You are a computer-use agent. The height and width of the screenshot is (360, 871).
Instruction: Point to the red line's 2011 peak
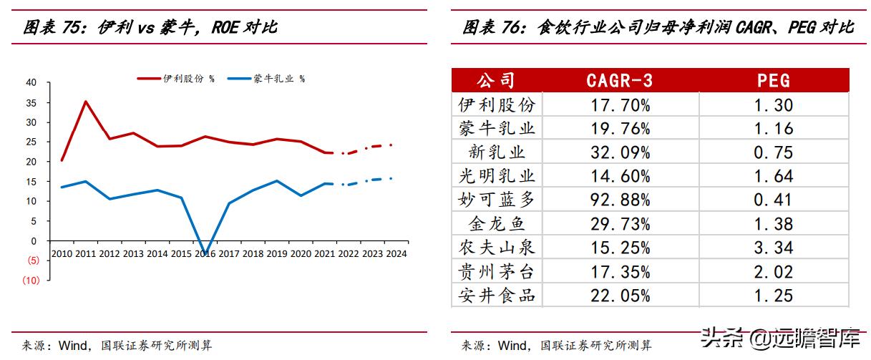(85, 102)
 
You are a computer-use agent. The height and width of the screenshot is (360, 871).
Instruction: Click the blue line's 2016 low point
(205, 253)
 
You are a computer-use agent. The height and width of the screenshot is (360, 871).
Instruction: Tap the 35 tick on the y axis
(31, 102)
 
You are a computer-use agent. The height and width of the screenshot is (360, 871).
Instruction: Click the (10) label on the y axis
(30, 281)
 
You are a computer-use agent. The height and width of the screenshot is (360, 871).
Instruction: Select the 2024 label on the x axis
(396, 253)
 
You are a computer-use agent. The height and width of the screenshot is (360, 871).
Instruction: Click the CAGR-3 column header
(619, 80)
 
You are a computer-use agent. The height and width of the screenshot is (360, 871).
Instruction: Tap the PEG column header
(774, 80)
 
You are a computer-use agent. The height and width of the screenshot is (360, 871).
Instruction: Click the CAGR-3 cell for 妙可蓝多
(619, 200)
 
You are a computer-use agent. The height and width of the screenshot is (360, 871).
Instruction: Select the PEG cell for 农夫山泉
(774, 248)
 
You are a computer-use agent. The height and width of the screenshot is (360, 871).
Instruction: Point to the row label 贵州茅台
(496, 271)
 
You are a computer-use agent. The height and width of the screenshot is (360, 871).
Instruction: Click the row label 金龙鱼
(496, 224)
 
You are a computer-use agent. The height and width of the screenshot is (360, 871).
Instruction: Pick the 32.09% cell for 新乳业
(619, 152)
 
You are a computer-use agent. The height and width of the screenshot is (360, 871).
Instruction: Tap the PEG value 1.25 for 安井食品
(774, 295)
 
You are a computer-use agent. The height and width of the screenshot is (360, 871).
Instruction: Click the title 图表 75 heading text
(150, 28)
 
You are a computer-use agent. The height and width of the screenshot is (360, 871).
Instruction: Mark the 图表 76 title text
(658, 28)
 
